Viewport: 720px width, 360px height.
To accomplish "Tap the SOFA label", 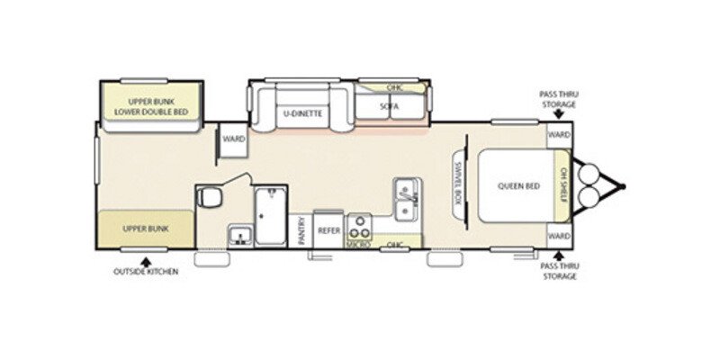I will click(x=389, y=107).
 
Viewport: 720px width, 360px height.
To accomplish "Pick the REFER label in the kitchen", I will click(x=327, y=231).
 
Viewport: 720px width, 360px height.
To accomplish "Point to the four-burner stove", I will click(x=360, y=225).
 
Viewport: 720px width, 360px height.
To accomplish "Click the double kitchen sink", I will click(x=404, y=200).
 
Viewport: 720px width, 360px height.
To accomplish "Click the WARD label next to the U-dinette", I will click(x=233, y=139).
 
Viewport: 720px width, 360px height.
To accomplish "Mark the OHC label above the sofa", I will click(x=393, y=88).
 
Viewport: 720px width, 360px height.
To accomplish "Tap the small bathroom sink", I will click(x=240, y=236).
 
